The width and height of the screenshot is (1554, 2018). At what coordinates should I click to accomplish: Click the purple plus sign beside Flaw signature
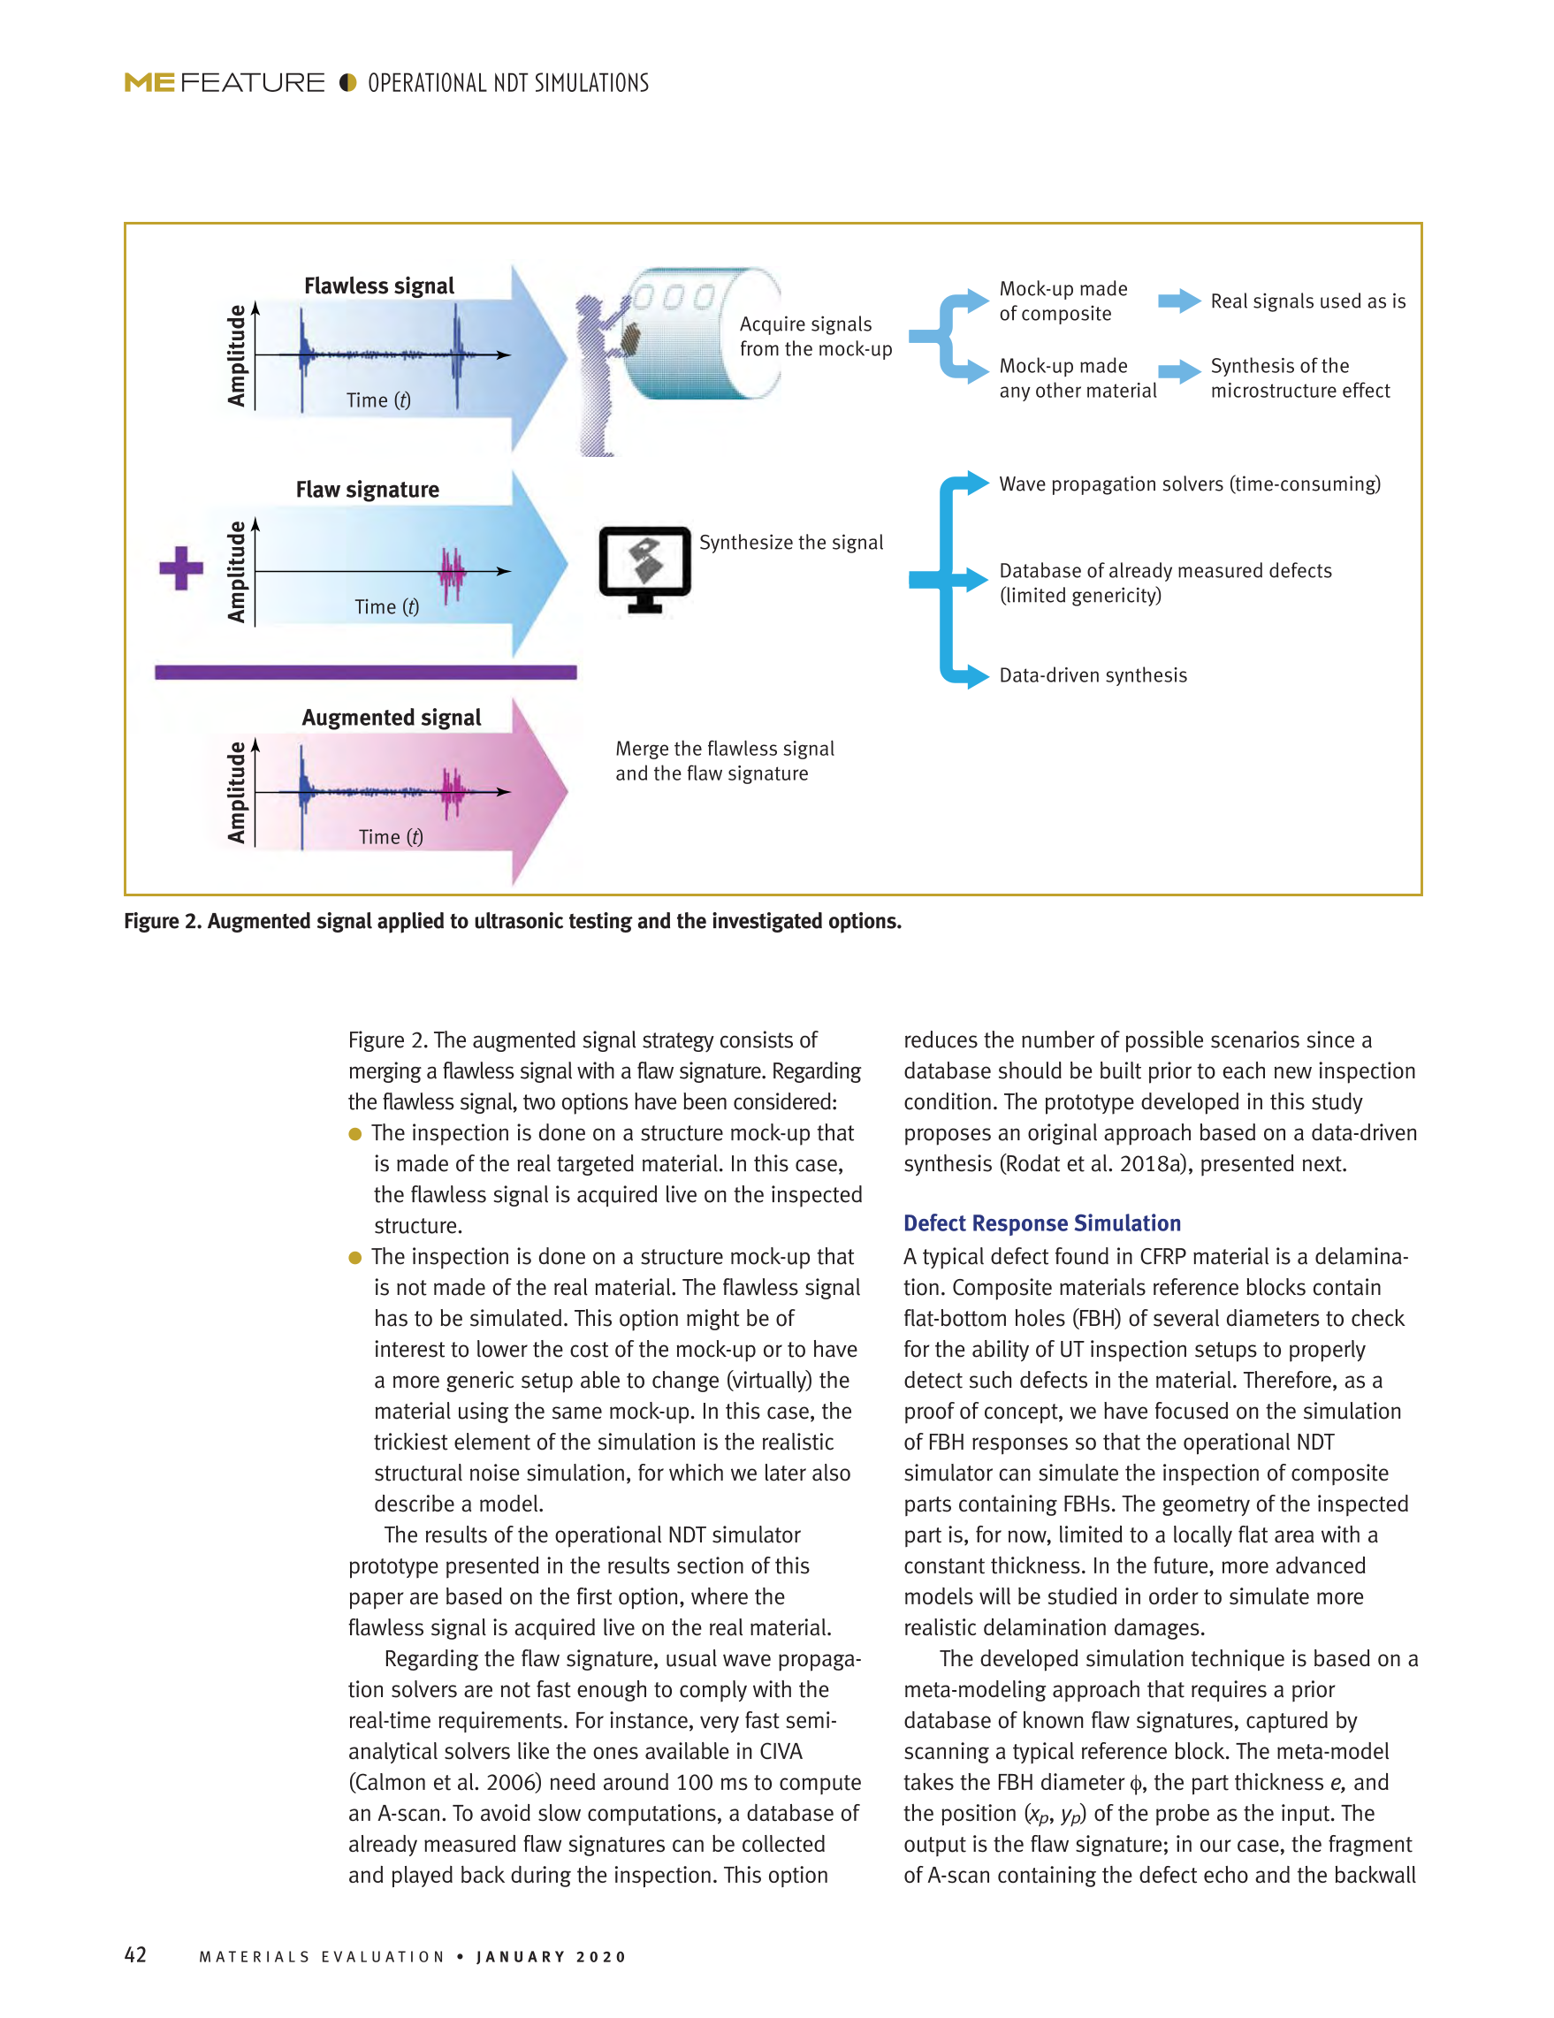(181, 567)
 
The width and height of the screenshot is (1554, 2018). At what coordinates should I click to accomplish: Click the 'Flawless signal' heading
(379, 286)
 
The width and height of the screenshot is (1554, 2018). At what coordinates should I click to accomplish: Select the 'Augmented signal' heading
(391, 717)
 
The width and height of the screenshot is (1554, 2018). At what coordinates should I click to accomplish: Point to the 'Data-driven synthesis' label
(1092, 674)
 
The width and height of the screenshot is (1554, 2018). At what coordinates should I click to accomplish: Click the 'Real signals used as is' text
(1307, 301)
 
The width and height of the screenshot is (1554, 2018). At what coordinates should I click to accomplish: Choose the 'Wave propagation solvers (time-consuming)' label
(1189, 484)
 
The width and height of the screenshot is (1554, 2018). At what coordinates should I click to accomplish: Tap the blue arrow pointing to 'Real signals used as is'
(1179, 301)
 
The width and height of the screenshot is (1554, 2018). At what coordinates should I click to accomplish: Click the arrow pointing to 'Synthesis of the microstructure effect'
(1179, 371)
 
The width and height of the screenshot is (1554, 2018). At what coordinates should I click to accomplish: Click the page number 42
(135, 1954)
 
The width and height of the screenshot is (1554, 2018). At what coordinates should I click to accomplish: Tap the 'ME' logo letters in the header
(149, 83)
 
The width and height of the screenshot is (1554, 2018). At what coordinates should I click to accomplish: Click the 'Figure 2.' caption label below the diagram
(163, 921)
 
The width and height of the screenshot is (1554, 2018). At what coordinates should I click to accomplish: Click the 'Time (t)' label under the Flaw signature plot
(386, 606)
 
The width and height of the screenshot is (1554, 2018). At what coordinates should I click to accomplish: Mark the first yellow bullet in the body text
(354, 1134)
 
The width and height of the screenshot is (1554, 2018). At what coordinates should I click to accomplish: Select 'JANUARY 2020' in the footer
(552, 1956)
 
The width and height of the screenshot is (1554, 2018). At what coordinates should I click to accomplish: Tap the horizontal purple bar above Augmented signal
(365, 672)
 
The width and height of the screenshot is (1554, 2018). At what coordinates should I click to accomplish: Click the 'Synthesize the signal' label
(790, 543)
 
